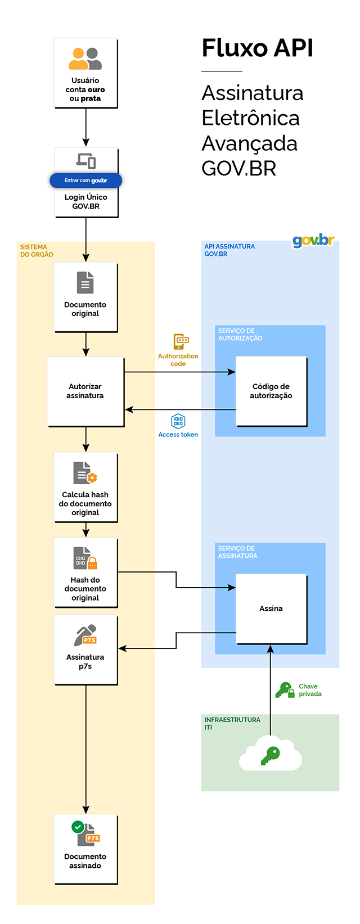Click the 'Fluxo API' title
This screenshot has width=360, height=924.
coord(257,48)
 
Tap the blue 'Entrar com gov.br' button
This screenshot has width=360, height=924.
coord(85,181)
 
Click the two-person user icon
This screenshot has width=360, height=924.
coord(85,58)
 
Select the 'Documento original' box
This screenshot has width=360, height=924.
coord(85,297)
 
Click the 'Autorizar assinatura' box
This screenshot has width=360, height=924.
coord(85,391)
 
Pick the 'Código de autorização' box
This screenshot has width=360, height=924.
coord(271,391)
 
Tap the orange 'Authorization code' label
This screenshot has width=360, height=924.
coord(178,360)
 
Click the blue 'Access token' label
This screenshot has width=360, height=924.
coord(178,435)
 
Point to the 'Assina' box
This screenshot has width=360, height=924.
coord(271,609)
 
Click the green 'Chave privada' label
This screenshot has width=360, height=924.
coord(310,690)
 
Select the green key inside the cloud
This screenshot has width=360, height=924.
coord(270,755)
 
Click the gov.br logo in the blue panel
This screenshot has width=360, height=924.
coord(313,241)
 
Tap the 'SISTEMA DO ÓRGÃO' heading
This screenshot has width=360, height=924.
coord(37,251)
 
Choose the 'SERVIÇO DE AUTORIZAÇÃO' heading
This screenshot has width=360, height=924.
coord(240,335)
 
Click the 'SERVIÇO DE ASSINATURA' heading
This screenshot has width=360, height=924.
coord(237,552)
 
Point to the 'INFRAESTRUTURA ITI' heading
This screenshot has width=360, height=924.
coord(232,723)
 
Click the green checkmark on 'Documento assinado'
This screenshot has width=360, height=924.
coord(78,827)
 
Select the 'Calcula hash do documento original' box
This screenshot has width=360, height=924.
coord(85,487)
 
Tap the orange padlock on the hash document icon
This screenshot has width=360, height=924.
coord(92,563)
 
